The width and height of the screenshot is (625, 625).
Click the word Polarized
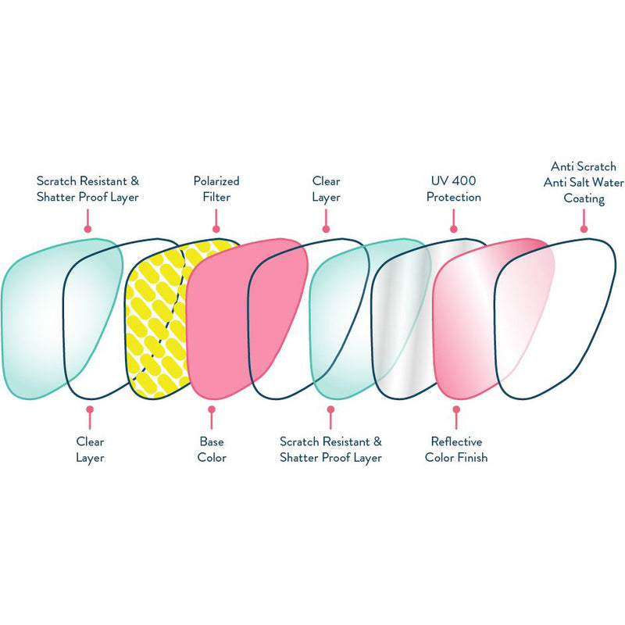tap(216, 181)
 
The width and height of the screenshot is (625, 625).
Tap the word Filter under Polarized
tap(216, 198)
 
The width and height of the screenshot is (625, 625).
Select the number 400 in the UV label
tap(463, 181)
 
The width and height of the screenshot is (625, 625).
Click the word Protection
tap(453, 198)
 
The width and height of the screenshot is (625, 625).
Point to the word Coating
tap(584, 198)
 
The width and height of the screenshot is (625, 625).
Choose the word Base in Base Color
tap(211, 441)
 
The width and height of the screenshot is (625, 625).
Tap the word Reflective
tap(456, 441)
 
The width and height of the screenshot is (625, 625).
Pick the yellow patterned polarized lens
tap(156, 320)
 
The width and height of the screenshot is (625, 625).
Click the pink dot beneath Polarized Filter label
tap(216, 230)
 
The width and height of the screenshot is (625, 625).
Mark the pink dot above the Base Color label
tap(211, 409)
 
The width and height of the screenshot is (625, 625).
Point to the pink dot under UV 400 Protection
tap(453, 230)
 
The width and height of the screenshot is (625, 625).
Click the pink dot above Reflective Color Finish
tap(456, 409)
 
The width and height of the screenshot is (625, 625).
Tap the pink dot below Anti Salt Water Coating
tap(584, 230)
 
